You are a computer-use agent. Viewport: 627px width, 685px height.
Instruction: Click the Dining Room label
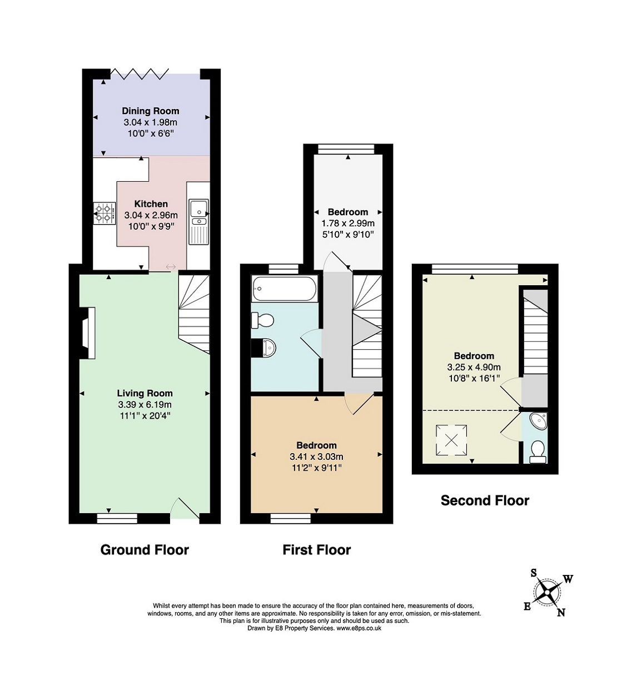150,111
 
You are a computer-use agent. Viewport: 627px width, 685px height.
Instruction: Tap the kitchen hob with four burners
104,214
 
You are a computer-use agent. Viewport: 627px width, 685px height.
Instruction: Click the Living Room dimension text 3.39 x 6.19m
145,405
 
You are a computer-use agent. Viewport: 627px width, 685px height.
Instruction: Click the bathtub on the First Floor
284,289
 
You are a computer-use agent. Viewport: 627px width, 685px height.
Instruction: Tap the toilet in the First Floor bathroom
262,320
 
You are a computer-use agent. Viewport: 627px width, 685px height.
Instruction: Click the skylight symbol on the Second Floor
451,440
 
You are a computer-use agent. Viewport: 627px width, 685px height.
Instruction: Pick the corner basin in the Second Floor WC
539,421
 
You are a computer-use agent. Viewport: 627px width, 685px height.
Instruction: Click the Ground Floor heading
145,550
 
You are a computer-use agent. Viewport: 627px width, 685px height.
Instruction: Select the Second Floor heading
485,500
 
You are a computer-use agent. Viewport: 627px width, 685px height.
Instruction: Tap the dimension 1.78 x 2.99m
348,224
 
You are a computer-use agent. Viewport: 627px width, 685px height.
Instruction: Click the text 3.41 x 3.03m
316,456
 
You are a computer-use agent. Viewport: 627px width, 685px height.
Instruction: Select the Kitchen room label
151,204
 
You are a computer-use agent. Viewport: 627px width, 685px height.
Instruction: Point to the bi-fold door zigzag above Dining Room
140,74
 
